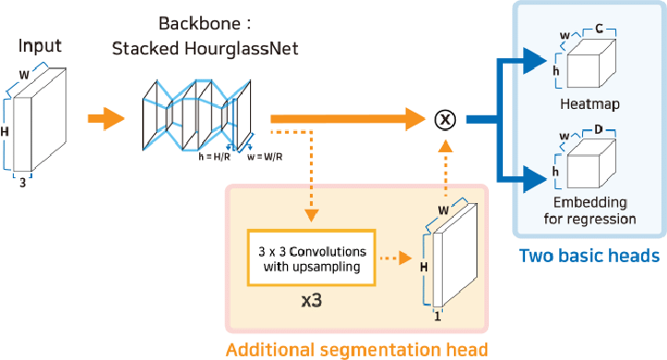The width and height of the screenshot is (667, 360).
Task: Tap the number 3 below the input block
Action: tap(22, 184)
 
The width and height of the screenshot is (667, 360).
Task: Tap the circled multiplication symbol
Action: tap(446, 118)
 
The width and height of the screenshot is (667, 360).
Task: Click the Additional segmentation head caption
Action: tap(355, 348)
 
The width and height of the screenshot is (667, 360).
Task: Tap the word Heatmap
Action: tap(589, 104)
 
